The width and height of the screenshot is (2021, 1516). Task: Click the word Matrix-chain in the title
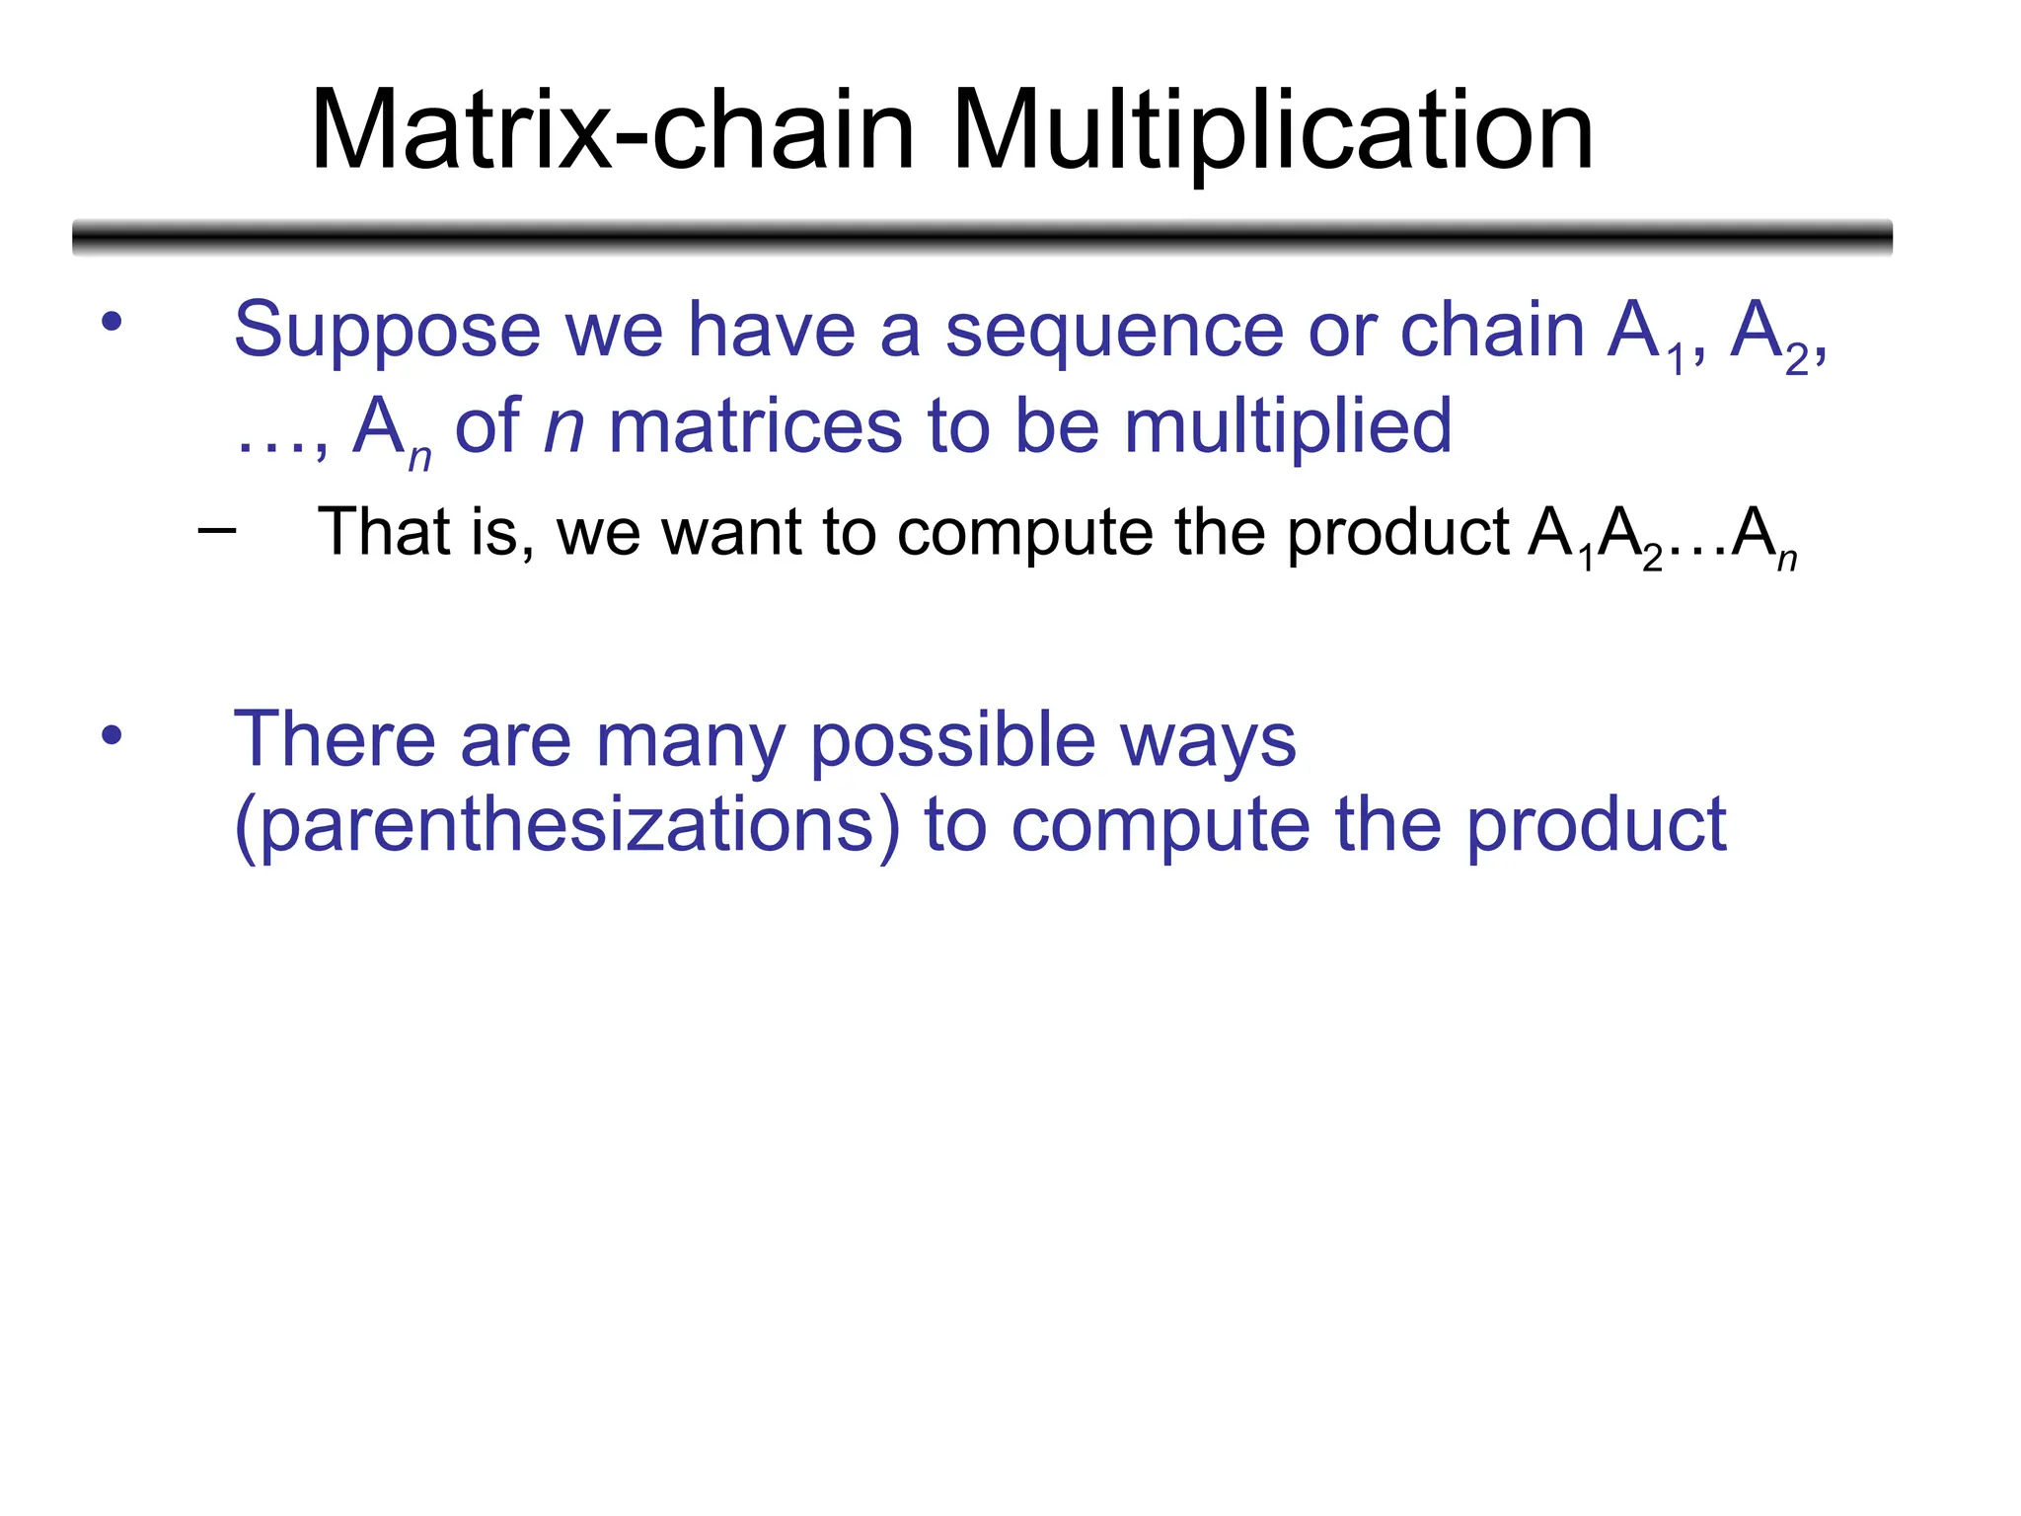click(612, 131)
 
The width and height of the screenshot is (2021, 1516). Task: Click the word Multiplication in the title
click(1272, 131)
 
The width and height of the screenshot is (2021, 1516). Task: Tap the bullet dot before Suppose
click(112, 321)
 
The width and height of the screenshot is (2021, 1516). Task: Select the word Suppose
click(387, 331)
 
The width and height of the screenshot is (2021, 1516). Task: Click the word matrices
click(755, 427)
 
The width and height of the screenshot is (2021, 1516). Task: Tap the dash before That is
click(216, 531)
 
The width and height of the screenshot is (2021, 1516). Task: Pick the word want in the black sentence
click(730, 533)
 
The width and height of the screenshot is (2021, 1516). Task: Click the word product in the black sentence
click(1398, 533)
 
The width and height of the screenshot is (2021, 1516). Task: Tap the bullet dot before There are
click(112, 734)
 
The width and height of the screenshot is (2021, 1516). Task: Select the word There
click(334, 740)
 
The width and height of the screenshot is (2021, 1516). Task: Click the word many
click(690, 740)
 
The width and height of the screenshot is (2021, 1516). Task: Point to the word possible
click(952, 740)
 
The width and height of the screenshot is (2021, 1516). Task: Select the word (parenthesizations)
click(567, 825)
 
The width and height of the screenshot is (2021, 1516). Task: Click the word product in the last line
click(1595, 825)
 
